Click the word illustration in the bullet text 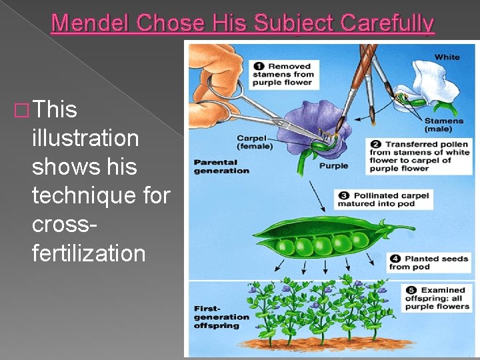click(85, 139)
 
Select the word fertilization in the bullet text click(88, 253)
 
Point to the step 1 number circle click(259, 67)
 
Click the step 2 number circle click(375, 145)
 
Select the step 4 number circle click(395, 259)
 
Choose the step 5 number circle click(411, 290)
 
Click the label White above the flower click(447, 57)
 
